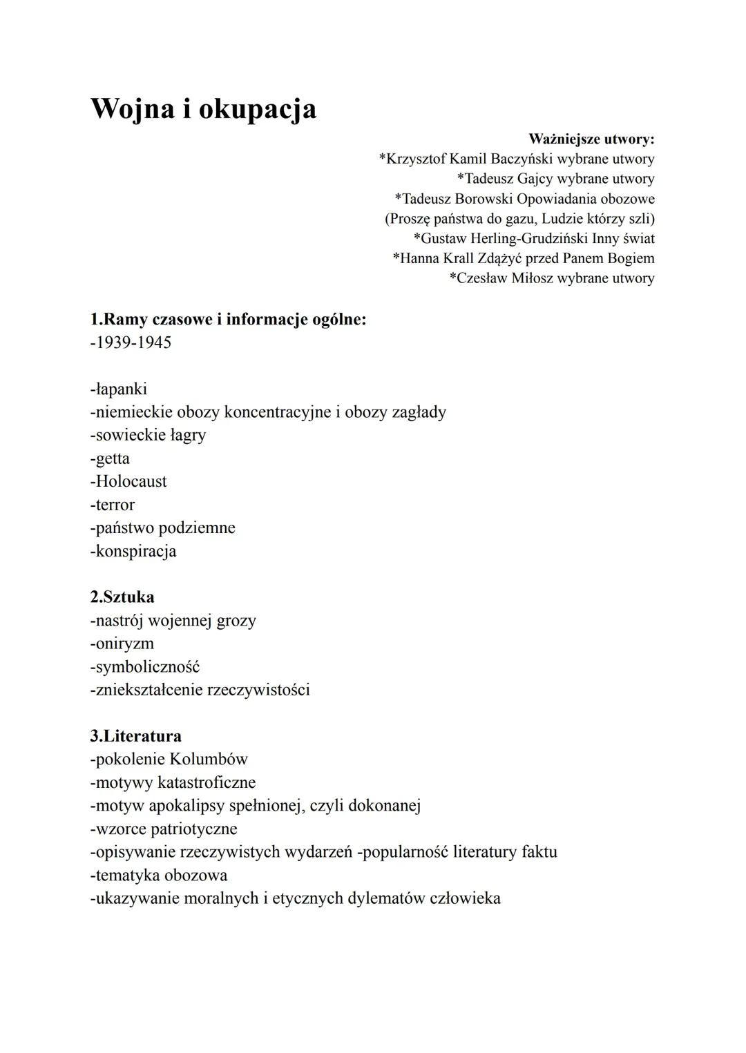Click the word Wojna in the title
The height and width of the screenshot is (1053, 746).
tap(131, 109)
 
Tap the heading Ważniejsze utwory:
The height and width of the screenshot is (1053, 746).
tap(591, 139)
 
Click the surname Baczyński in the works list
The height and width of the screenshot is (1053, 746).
tap(522, 160)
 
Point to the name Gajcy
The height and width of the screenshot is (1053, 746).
tap(535, 180)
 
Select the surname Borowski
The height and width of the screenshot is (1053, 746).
tap(484, 199)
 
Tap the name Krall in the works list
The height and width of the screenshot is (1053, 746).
tap(458, 259)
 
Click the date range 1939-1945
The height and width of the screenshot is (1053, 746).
tap(131, 343)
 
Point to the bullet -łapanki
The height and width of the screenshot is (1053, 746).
tap(118, 389)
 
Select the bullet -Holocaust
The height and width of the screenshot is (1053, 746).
tap(128, 482)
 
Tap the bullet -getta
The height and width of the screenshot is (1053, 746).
tap(110, 459)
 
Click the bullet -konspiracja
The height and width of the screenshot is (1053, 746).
tap(133, 552)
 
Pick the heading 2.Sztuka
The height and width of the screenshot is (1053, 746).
tap(122, 597)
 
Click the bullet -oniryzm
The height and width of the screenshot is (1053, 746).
tap(122, 644)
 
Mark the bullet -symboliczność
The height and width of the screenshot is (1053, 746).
tap(145, 668)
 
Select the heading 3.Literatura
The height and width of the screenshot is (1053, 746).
tap(136, 736)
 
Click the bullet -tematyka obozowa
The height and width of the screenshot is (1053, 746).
tap(159, 876)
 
